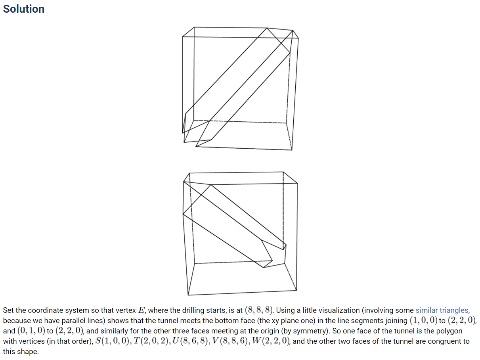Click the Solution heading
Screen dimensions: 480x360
pos(24,9)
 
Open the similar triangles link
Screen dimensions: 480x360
pos(442,310)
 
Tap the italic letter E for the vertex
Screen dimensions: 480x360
pos(142,310)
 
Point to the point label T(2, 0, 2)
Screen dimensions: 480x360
pos(152,341)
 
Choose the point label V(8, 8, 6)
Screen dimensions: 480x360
pos(231,341)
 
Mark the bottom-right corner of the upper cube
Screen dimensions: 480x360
pos(292,150)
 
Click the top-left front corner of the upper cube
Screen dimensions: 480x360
pos(182,37)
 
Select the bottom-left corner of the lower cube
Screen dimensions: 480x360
pos(188,295)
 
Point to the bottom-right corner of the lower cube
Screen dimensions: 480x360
pos(296,291)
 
